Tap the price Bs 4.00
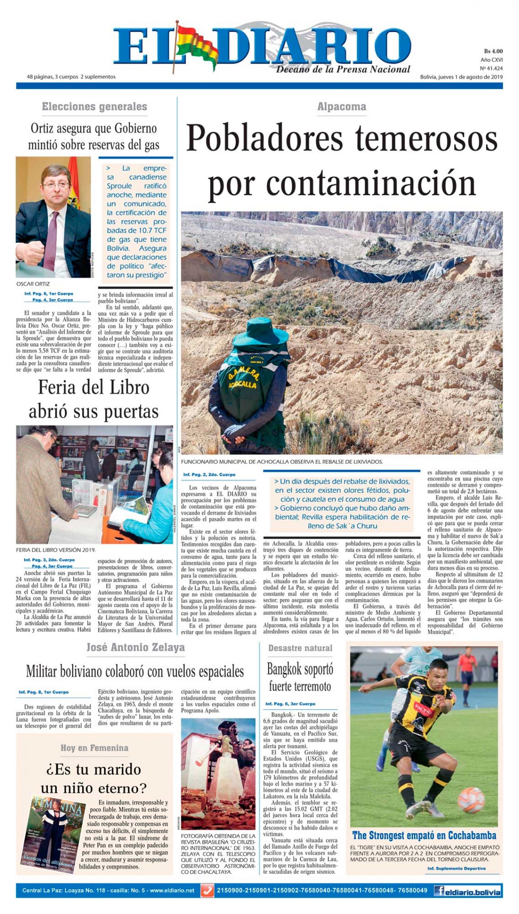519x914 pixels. tap(493, 51)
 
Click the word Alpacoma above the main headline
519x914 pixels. tap(341, 106)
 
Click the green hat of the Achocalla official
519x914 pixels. tap(258, 336)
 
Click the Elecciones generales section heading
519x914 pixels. tap(94, 106)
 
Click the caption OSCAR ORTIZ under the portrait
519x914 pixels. tap(33, 284)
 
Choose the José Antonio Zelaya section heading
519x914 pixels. tap(135, 648)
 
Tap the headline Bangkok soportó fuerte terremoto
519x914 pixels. tap(300, 677)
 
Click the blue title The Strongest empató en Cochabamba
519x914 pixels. tap(424, 835)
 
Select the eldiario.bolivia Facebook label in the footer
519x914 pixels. tap(468, 891)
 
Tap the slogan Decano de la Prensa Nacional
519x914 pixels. tap(343, 69)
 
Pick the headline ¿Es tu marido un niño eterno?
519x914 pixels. tap(94, 779)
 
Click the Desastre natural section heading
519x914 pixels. tap(300, 648)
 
